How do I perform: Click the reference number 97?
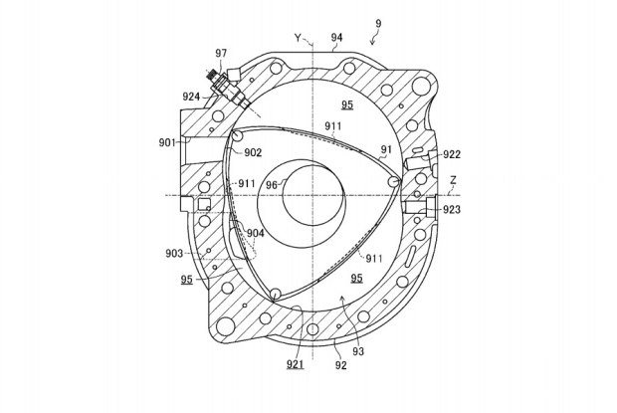221,53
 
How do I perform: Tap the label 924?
191,97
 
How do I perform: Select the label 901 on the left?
167,142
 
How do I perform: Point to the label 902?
253,152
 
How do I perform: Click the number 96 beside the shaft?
272,185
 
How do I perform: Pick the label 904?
256,233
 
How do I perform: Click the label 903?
174,254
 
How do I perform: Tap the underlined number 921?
296,364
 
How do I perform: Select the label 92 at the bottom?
341,365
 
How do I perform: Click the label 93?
358,351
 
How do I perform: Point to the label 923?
452,210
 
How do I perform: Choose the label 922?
452,154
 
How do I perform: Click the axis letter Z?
454,180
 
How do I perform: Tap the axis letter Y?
299,38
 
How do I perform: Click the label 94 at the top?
336,38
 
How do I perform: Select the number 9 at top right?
378,23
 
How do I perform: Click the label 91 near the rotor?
386,149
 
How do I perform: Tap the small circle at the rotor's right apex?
393,182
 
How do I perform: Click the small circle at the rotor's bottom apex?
276,294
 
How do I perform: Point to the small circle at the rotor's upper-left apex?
238,135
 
